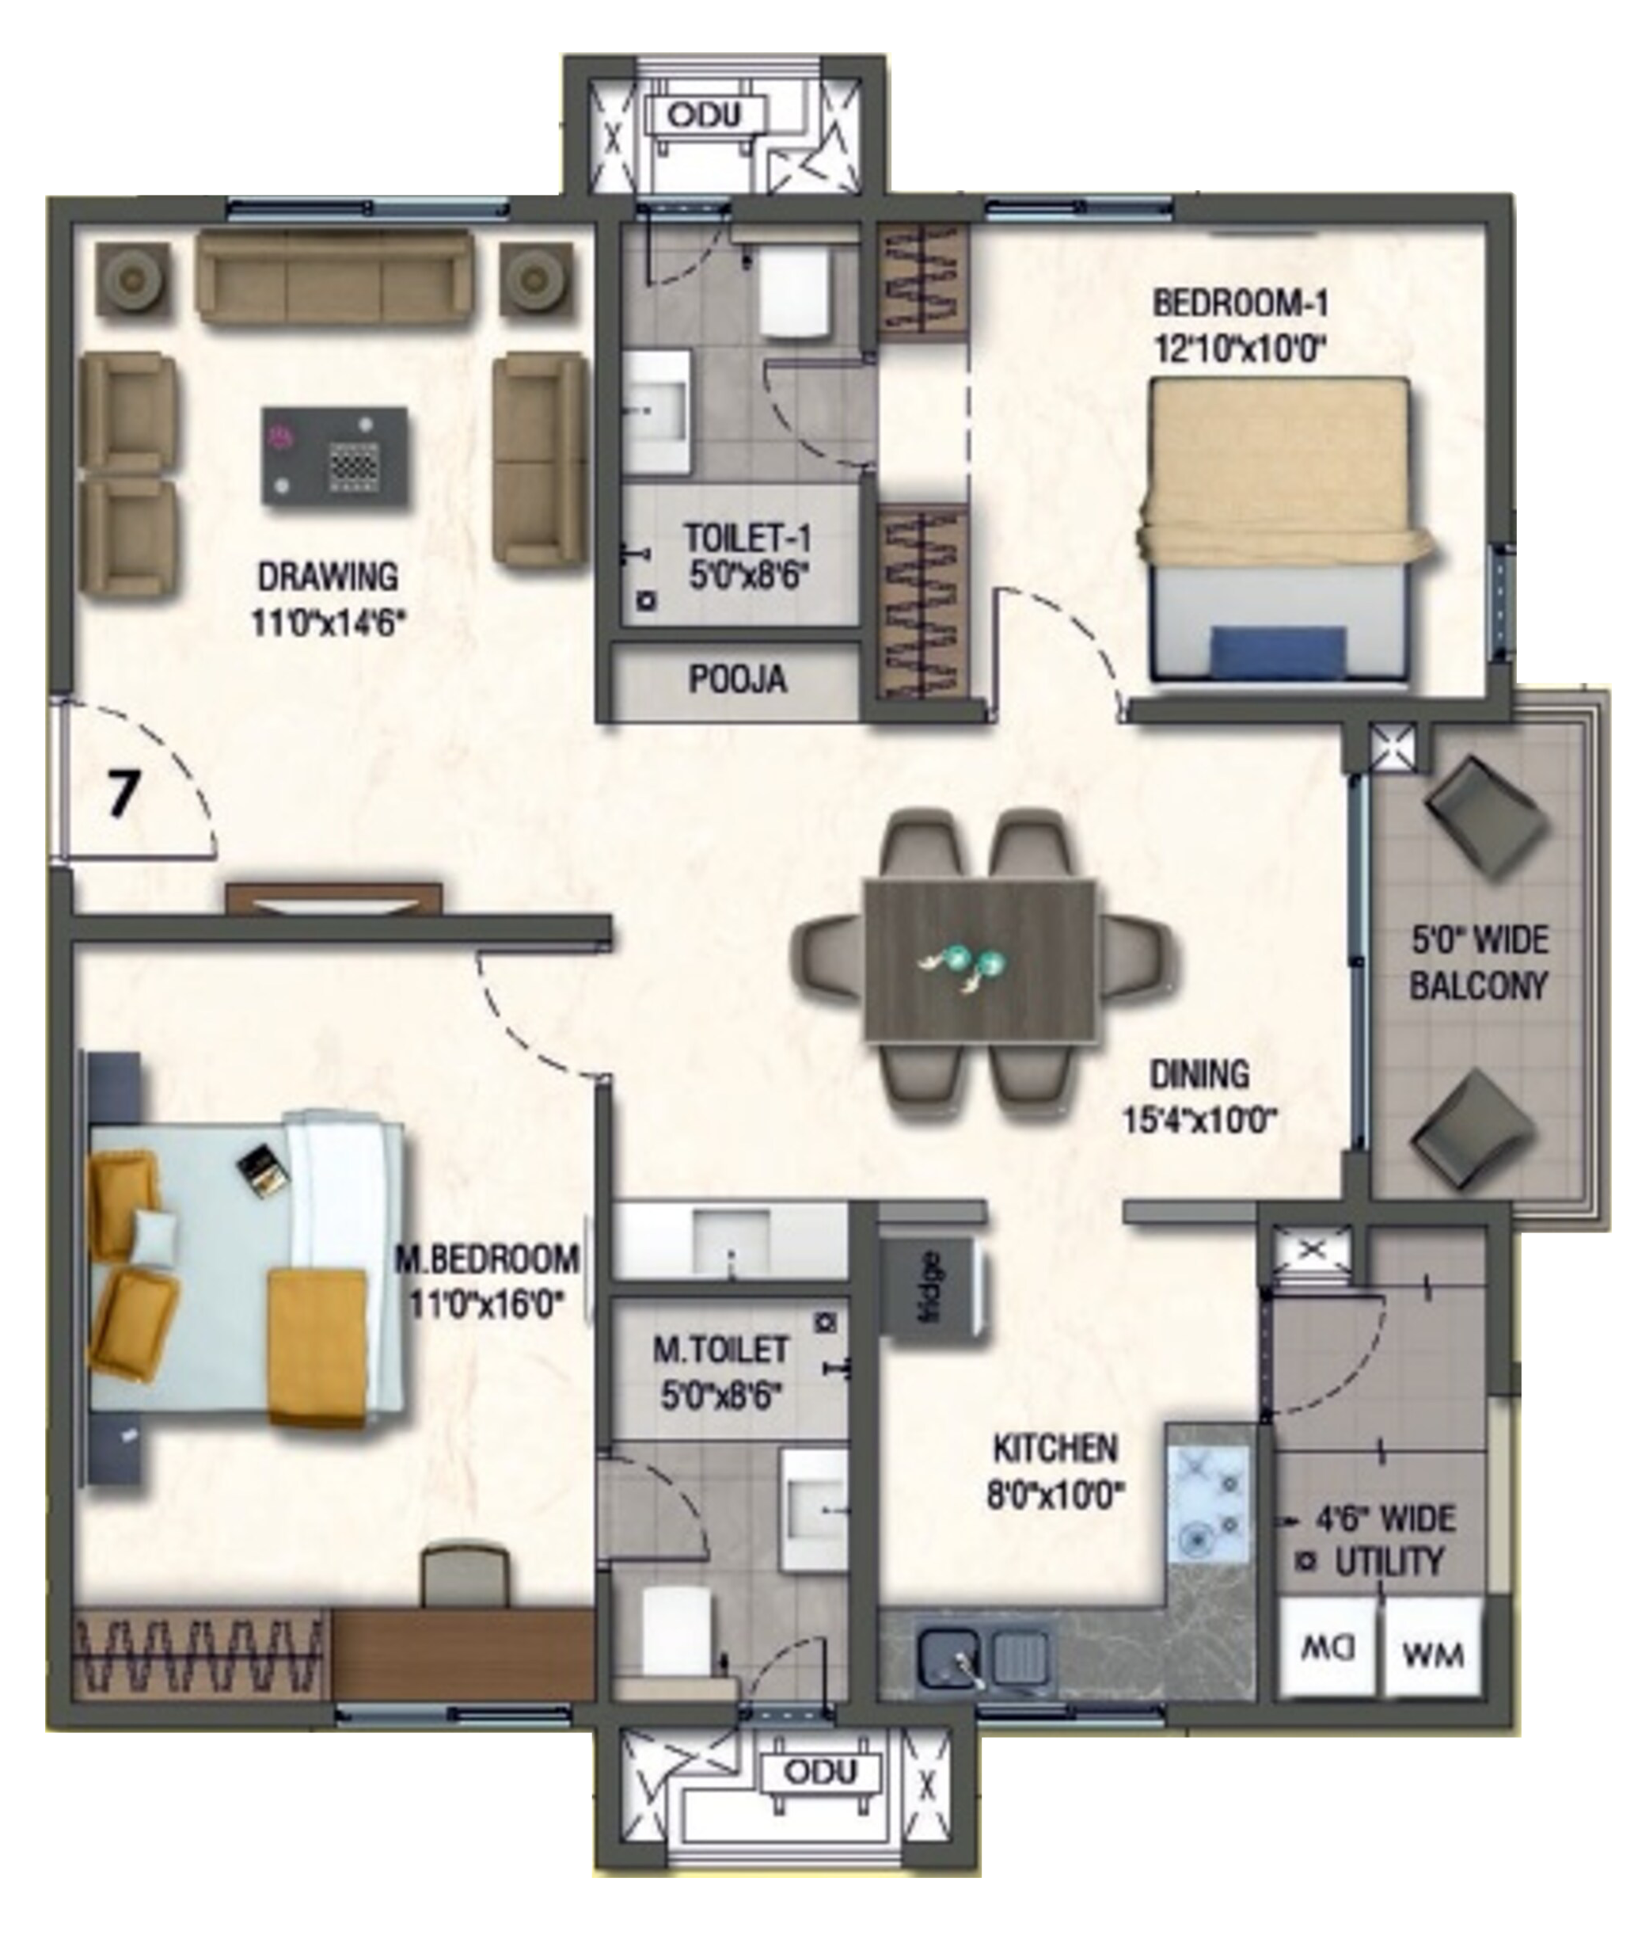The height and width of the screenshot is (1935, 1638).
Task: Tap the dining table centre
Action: coord(979,962)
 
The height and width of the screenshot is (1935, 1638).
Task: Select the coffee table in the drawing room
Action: coord(334,456)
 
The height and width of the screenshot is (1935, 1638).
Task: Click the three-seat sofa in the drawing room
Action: coord(334,279)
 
